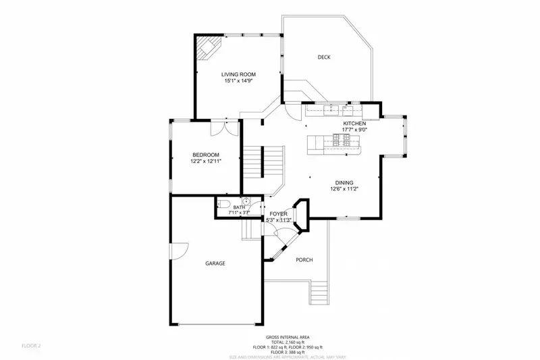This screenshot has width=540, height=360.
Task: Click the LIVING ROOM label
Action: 239,74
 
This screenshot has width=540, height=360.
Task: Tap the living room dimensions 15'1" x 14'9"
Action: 239,81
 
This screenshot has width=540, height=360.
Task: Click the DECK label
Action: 324,57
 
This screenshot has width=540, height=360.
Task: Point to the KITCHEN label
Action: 354,124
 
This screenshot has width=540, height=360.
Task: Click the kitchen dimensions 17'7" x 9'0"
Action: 354,130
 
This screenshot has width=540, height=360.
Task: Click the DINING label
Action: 344,182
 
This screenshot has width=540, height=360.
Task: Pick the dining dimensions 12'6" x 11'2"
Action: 344,189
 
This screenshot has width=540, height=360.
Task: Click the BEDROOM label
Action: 206,155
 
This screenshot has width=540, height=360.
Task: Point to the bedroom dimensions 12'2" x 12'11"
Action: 206,161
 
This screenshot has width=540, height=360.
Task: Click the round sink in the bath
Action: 246,201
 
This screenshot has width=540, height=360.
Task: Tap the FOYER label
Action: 279,213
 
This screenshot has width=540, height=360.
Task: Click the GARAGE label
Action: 215,263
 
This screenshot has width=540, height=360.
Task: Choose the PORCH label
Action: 304,260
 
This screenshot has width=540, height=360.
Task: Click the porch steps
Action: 320,293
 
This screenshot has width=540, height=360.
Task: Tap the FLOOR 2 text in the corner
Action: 31,346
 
